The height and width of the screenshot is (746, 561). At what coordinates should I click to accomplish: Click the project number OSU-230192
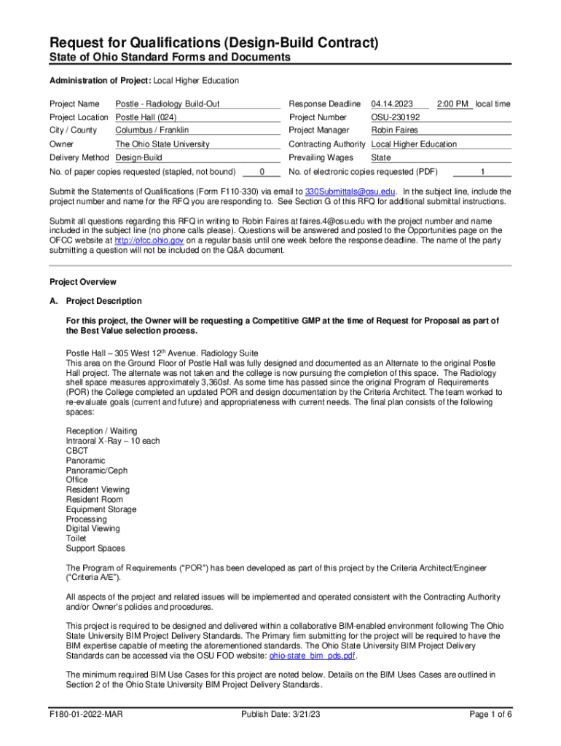[x=395, y=117]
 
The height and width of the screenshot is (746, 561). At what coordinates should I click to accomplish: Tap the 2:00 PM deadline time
[x=452, y=104]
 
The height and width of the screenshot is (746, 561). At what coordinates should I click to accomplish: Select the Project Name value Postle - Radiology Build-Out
[x=168, y=104]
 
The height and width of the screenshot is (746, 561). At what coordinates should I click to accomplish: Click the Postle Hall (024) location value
[x=146, y=117]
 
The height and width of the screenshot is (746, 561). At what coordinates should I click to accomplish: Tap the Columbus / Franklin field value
[x=152, y=130]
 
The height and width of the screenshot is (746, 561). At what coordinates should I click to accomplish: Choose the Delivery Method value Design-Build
[x=138, y=157]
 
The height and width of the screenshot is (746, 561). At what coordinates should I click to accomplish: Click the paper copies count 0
[x=262, y=173]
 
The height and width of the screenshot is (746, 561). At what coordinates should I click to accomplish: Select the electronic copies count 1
[x=482, y=173]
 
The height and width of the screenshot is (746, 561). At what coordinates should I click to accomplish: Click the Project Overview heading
[x=82, y=282]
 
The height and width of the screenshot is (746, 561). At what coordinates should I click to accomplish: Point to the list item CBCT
[x=76, y=451]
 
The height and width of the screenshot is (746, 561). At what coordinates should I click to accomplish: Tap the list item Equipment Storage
[x=101, y=509]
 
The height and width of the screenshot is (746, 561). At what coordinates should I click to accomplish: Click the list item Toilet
[x=76, y=538]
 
